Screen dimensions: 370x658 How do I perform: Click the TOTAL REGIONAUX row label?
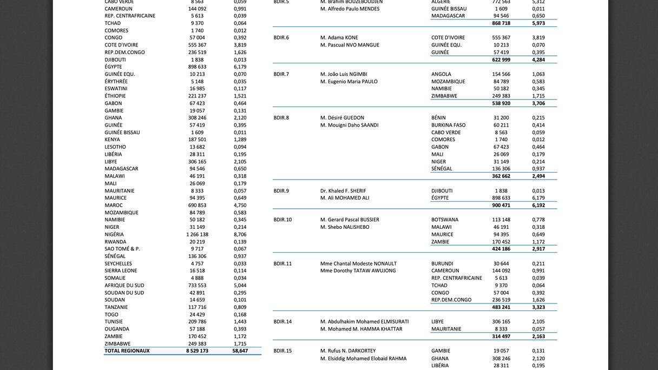pyautogui.click(x=127, y=351)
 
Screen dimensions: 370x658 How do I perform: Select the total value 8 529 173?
pyautogui.click(x=197, y=351)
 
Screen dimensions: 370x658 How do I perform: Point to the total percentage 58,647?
pyautogui.click(x=240, y=351)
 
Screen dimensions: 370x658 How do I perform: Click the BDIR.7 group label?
pyautogui.click(x=281, y=74)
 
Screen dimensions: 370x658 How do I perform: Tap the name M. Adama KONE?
pyautogui.click(x=339, y=38)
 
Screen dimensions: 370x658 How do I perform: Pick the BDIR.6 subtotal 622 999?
pyautogui.click(x=501, y=60)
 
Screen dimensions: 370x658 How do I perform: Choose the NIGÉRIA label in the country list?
pyautogui.click(x=114, y=235)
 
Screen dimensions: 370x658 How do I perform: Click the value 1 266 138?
pyautogui.click(x=197, y=235)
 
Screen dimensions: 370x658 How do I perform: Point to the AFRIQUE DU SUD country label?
pyautogui.click(x=124, y=286)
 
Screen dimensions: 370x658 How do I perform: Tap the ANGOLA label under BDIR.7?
pyautogui.click(x=441, y=74)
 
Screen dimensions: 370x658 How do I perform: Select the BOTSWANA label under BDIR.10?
pyautogui.click(x=445, y=220)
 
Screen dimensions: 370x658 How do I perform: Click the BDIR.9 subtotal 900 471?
pyautogui.click(x=501, y=206)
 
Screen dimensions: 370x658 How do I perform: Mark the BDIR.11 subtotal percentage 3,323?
pyautogui.click(x=538, y=307)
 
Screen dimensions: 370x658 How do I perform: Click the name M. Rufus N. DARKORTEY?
pyautogui.click(x=348, y=351)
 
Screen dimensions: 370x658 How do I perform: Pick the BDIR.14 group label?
pyautogui.click(x=282, y=322)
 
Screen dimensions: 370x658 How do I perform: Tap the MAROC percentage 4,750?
pyautogui.click(x=240, y=206)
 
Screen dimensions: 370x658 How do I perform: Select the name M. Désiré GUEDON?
pyautogui.click(x=342, y=118)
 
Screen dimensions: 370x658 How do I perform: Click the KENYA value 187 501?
pyautogui.click(x=198, y=140)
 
